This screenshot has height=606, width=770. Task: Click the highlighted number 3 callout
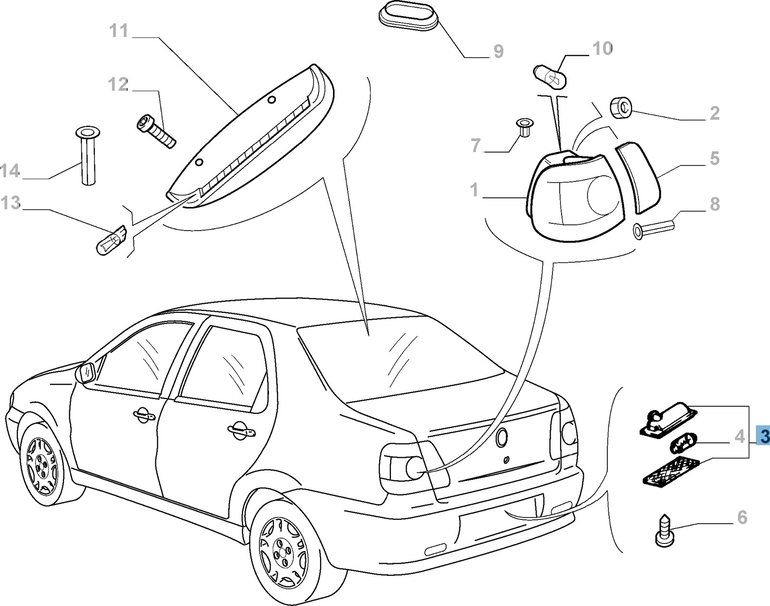[x=763, y=437]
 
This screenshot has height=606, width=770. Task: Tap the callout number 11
[x=119, y=32]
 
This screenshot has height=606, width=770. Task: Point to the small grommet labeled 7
[x=523, y=128]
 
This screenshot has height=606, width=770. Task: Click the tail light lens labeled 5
[x=638, y=177]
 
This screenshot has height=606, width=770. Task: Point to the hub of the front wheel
[x=43, y=464]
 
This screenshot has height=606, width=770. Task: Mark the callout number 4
[x=740, y=437]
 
